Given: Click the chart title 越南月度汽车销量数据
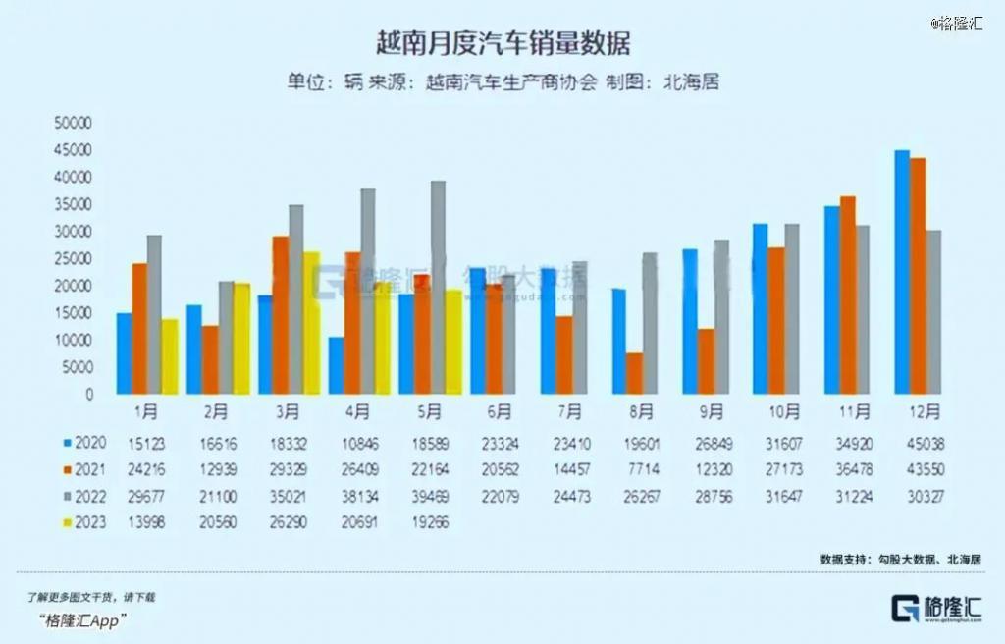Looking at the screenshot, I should pos(502,42).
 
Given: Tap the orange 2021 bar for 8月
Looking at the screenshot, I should pos(635,374).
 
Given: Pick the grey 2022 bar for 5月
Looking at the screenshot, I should pos(438,288).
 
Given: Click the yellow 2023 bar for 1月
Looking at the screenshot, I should pos(170,356).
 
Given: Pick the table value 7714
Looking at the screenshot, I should pos(642,470).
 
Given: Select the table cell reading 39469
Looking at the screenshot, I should pos(430,497).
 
